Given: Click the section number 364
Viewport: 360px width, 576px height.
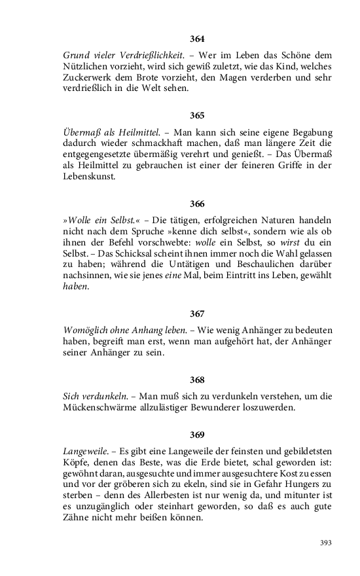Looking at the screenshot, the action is click(197, 39).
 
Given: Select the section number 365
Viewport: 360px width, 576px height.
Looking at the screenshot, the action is click(197, 115).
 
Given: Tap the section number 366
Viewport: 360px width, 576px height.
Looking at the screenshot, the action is click(197, 203).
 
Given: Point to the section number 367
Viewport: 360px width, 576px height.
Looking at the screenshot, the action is click(197, 314).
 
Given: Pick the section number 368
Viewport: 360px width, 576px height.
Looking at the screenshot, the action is click(197, 380).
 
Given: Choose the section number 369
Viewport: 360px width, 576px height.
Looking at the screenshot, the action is click(197, 435).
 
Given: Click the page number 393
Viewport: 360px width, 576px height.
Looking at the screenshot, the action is click(326, 543).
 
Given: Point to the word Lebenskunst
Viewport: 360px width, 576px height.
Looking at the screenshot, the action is click(89, 177).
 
